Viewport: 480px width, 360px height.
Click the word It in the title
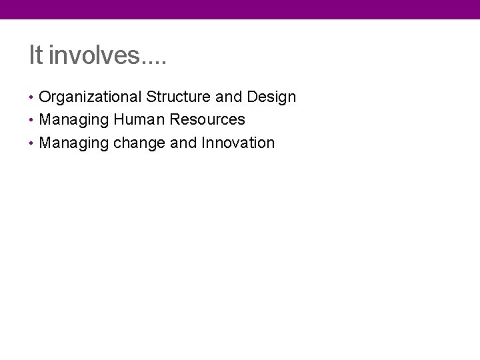pyautogui.click(x=35, y=55)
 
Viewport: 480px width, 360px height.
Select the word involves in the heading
pyautogui.click(x=93, y=55)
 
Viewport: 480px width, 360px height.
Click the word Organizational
pyautogui.click(x=91, y=97)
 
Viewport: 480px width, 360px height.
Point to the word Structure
pyautogui.click(x=178, y=97)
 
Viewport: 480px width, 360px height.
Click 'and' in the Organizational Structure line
pyautogui.click(x=229, y=97)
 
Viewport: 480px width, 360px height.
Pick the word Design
pyautogui.click(x=271, y=97)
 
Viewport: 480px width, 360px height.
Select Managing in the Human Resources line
pyautogui.click(x=74, y=120)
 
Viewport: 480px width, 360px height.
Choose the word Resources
pyautogui.click(x=207, y=120)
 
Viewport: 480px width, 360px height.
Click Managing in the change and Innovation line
pyautogui.click(x=74, y=143)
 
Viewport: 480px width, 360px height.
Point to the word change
pyautogui.click(x=139, y=143)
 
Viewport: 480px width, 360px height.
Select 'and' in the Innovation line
pyautogui.click(x=183, y=143)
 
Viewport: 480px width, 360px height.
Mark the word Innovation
pyautogui.click(x=238, y=143)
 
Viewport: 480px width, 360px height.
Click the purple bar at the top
pyautogui.click(x=240, y=9)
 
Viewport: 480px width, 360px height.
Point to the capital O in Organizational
pyautogui.click(x=45, y=97)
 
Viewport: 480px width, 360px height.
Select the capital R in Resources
pyautogui.click(x=175, y=120)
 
